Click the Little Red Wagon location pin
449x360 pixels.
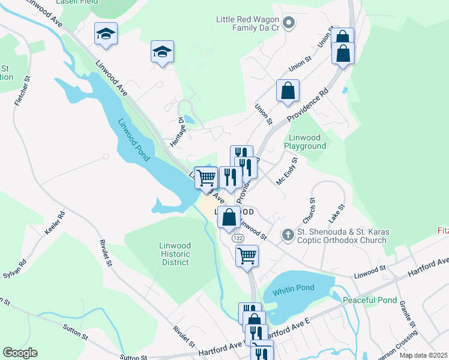click(x=289, y=23)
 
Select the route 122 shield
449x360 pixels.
click(x=238, y=238)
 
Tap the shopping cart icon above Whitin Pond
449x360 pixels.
click(x=247, y=256)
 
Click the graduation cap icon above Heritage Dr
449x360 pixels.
click(x=162, y=52)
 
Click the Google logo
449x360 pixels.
click(x=20, y=353)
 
